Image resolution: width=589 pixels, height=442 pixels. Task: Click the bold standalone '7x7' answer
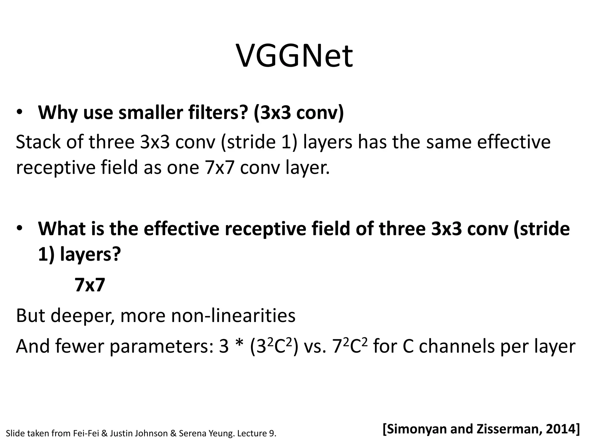tap(90, 285)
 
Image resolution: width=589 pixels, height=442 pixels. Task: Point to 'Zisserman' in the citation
tap(509, 429)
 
